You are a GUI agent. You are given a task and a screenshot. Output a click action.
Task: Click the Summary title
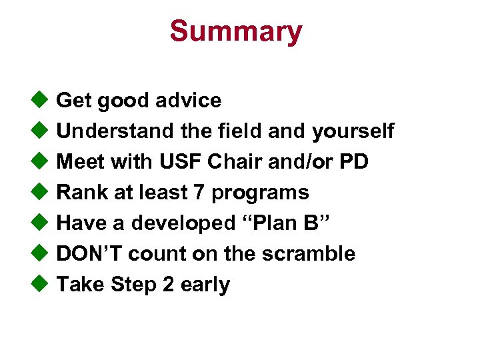click(x=235, y=31)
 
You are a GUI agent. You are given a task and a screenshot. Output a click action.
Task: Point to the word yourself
click(x=353, y=131)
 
